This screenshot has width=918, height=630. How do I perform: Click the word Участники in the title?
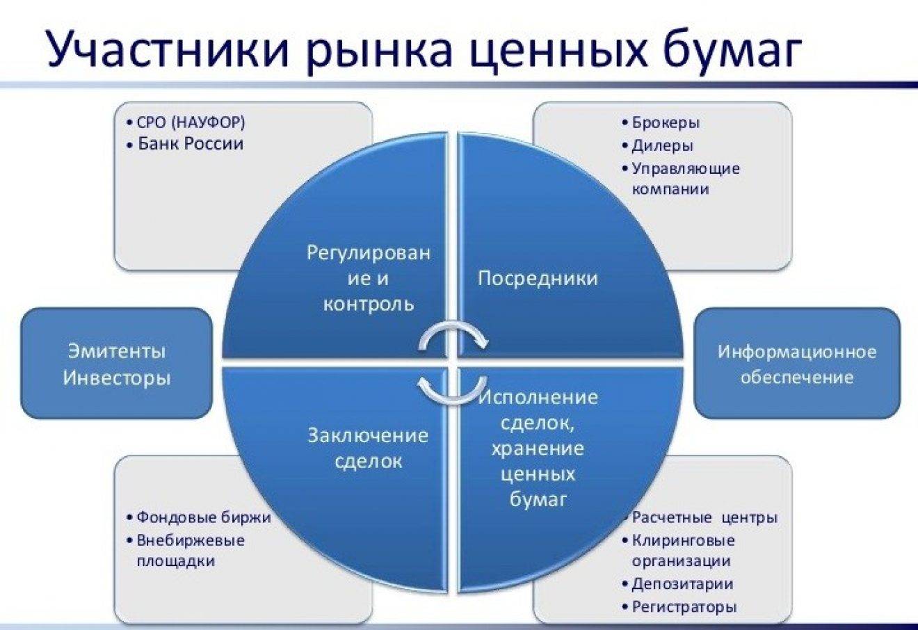(x=168, y=49)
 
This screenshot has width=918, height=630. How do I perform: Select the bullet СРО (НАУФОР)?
(x=186, y=122)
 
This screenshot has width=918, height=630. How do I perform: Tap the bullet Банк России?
(x=186, y=144)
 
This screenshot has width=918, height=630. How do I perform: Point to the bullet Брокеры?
(x=661, y=122)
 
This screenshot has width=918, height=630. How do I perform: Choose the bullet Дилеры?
(x=658, y=145)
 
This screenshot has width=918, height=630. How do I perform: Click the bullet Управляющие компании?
(x=681, y=179)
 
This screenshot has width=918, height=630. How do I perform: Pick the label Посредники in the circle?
(x=538, y=278)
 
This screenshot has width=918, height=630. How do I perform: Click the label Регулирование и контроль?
(x=369, y=279)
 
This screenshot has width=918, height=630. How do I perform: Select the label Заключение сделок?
(x=368, y=449)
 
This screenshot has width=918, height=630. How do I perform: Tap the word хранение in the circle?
(x=538, y=449)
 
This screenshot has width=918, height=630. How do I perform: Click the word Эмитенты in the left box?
(x=117, y=351)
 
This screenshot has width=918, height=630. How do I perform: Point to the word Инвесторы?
(x=117, y=378)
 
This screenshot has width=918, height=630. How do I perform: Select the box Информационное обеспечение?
(x=797, y=363)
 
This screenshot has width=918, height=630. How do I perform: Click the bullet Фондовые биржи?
(x=199, y=517)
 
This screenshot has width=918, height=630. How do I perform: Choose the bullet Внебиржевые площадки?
(x=186, y=551)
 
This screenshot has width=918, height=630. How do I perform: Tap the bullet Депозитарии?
(x=677, y=583)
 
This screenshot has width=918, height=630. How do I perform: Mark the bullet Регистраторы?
(x=679, y=606)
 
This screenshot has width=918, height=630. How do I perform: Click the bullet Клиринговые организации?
(x=678, y=551)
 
